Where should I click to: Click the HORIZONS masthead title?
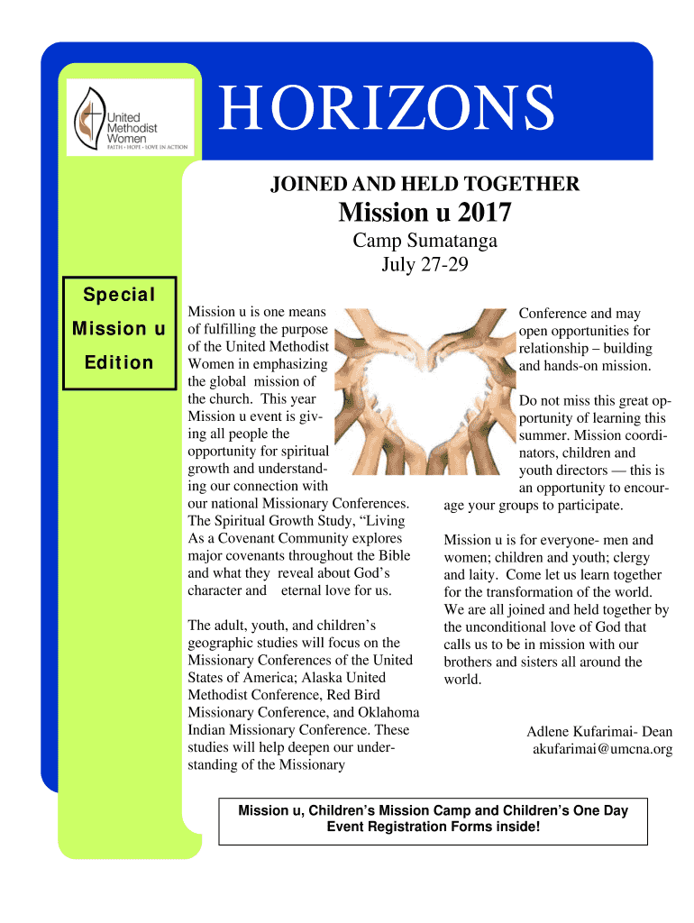point(387,107)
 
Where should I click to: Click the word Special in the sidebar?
point(119,295)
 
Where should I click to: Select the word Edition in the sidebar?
point(119,362)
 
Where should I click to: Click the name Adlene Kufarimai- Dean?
point(599,731)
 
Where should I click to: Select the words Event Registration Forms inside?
point(433,827)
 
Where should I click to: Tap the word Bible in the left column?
point(394,556)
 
